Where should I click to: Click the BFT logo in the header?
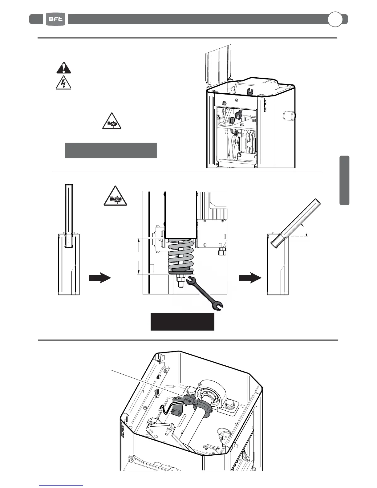point(56,19)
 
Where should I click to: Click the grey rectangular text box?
point(111,150)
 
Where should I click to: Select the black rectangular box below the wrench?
point(182,322)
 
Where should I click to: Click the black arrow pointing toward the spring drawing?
point(99,278)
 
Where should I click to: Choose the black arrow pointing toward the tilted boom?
point(250,278)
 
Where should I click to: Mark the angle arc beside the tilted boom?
point(306,230)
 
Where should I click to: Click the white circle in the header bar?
point(335,19)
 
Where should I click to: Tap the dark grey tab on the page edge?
point(344,180)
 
